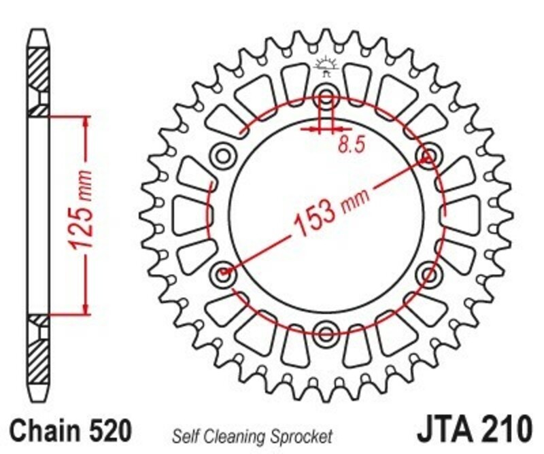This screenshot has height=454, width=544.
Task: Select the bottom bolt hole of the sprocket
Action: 326,332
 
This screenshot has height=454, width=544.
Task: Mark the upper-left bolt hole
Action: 222,156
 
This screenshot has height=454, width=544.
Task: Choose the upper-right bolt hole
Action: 428,157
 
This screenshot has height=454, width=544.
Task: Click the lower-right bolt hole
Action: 429,274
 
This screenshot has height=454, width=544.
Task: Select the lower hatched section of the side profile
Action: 38,357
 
